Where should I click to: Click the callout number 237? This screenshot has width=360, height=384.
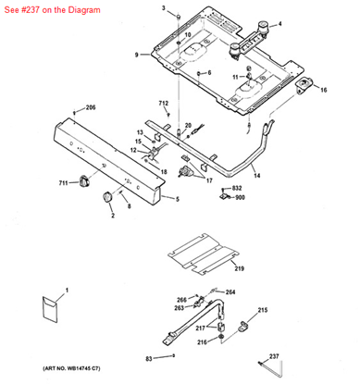tap(325, 355)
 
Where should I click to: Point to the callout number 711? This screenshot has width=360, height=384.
tap(64, 184)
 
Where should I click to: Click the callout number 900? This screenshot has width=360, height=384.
tap(239, 197)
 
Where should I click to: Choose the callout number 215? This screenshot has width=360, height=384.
tap(262, 309)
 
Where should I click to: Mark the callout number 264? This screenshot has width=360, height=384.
tap(230, 292)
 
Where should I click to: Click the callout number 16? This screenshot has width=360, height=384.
tap(324, 91)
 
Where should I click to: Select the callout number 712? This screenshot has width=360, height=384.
tap(163, 103)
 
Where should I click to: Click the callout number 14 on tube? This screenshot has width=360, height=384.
tap(231, 174)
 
